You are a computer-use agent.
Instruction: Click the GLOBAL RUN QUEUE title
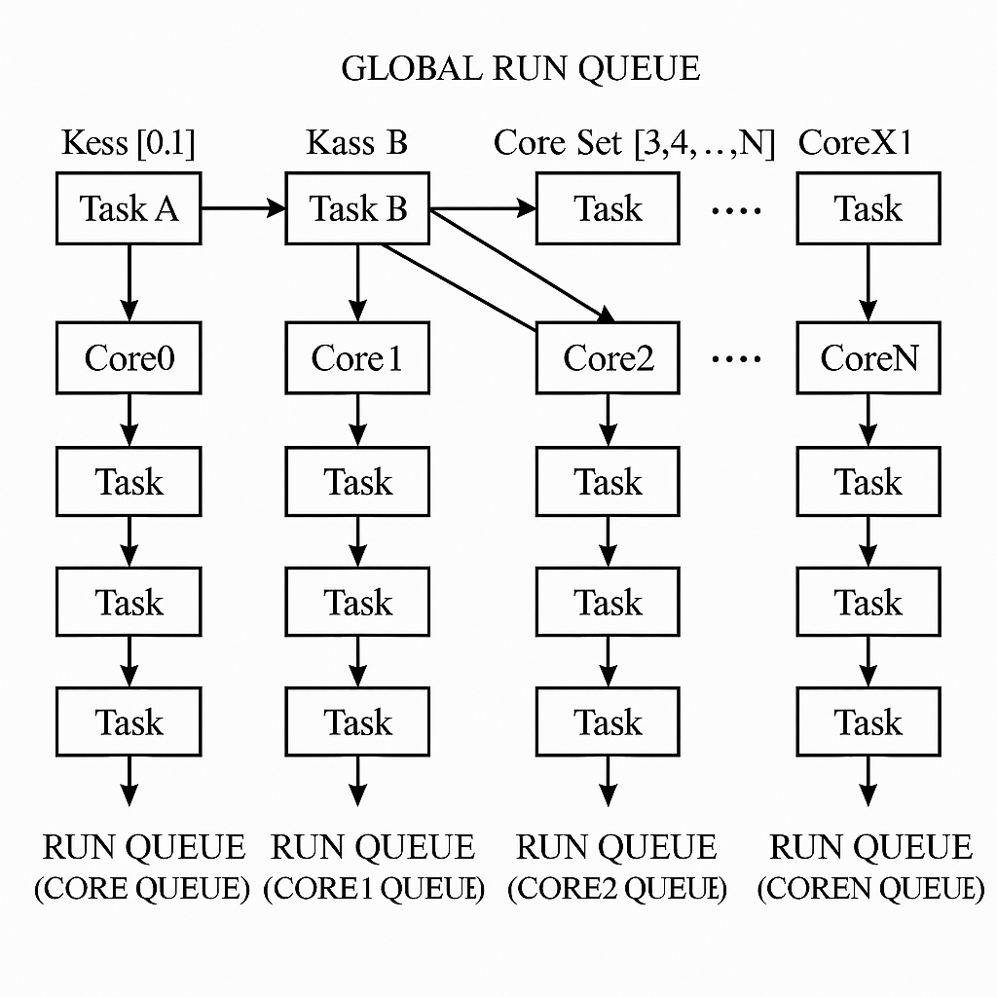tap(521, 69)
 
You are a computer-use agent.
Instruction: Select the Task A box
tap(129, 208)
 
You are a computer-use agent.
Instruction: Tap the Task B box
tap(357, 208)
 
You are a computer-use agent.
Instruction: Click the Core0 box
tap(129, 358)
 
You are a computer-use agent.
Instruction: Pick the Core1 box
tap(357, 358)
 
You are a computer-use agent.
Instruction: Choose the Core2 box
tap(609, 358)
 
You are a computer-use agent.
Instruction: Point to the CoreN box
tap(868, 358)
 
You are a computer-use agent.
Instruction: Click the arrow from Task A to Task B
tap(242, 208)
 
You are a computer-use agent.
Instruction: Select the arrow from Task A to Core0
tap(129, 282)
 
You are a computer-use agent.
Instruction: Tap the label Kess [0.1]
tap(129, 143)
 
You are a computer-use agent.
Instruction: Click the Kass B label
tap(357, 143)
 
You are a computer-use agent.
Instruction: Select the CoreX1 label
tap(856, 143)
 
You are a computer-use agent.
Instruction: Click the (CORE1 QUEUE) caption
tap(374, 889)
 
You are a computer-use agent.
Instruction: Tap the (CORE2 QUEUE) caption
tap(617, 889)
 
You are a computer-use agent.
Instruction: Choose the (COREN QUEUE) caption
tap(871, 889)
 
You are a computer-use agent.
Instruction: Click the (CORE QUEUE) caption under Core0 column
tap(142, 889)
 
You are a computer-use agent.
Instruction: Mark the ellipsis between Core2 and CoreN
tap(736, 359)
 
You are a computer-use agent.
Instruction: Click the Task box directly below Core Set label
tap(609, 208)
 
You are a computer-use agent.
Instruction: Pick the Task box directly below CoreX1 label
tap(868, 208)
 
